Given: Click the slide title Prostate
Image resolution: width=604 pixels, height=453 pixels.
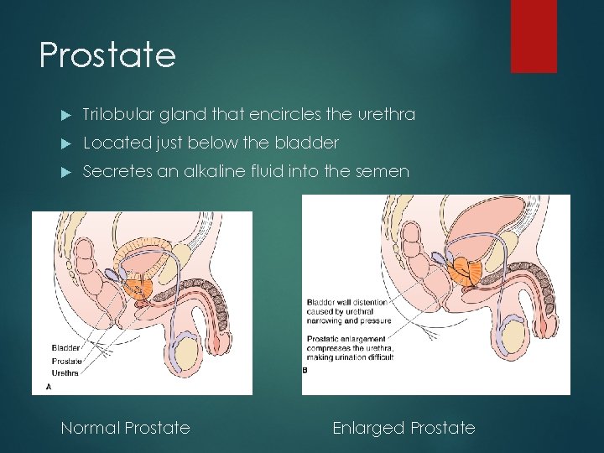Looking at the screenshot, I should [x=107, y=55].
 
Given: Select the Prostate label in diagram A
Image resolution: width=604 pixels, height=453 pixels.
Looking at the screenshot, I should [x=66, y=361].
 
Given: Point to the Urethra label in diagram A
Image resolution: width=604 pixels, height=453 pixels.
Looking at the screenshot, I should [x=65, y=372].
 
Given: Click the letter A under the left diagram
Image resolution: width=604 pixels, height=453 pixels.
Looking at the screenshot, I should [x=47, y=387].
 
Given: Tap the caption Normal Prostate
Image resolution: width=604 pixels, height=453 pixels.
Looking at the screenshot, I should [x=125, y=428].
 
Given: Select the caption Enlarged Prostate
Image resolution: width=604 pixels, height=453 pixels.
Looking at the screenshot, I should [x=404, y=428].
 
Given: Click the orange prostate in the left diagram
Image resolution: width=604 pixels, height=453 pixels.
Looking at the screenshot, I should [x=139, y=286].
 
